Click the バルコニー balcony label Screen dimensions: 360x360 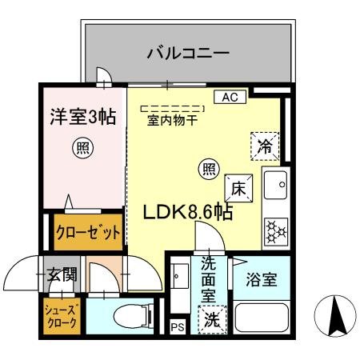tap(188, 54)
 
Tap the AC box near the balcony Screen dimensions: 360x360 tap(230, 98)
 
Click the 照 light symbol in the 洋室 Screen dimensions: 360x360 tap(81, 146)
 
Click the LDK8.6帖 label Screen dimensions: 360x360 tap(187, 214)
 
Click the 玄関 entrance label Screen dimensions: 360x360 tap(61, 276)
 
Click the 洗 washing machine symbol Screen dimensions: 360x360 tap(210, 320)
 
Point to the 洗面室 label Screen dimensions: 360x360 tap(209, 278)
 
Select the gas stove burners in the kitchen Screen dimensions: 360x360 tap(277, 230)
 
